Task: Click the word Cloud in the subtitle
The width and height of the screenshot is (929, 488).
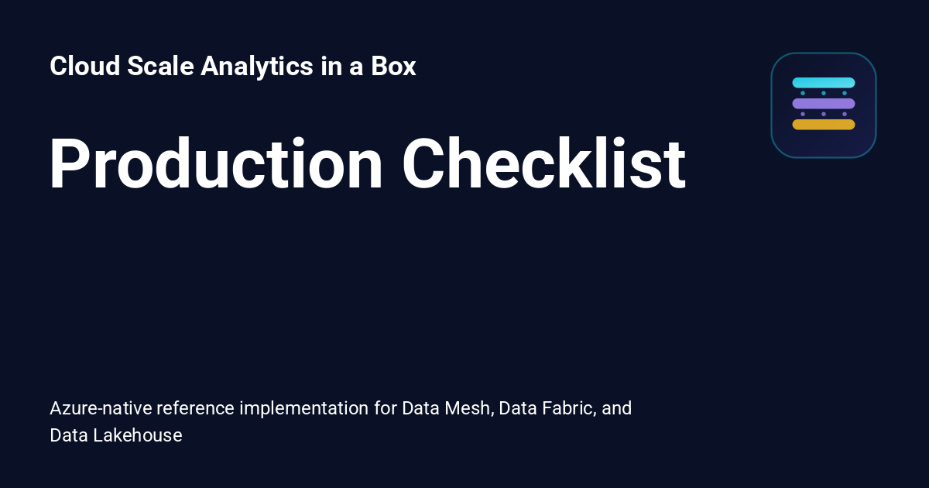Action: (84, 66)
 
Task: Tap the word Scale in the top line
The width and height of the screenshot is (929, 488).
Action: (160, 66)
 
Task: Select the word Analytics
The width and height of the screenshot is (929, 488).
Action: (257, 67)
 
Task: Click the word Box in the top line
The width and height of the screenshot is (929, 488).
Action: (393, 66)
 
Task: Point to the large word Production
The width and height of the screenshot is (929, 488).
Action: (216, 163)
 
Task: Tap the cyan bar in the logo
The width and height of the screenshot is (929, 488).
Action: (823, 83)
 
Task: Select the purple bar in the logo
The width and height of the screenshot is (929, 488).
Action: (823, 103)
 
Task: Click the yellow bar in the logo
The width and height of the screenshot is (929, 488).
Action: (823, 125)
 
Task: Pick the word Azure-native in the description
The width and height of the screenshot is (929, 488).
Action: (101, 408)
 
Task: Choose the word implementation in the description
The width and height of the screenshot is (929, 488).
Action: (304, 409)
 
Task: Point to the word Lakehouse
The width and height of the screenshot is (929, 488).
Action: (138, 435)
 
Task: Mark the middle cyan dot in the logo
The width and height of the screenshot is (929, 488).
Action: (824, 93)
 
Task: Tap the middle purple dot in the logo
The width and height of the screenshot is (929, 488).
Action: (824, 114)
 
